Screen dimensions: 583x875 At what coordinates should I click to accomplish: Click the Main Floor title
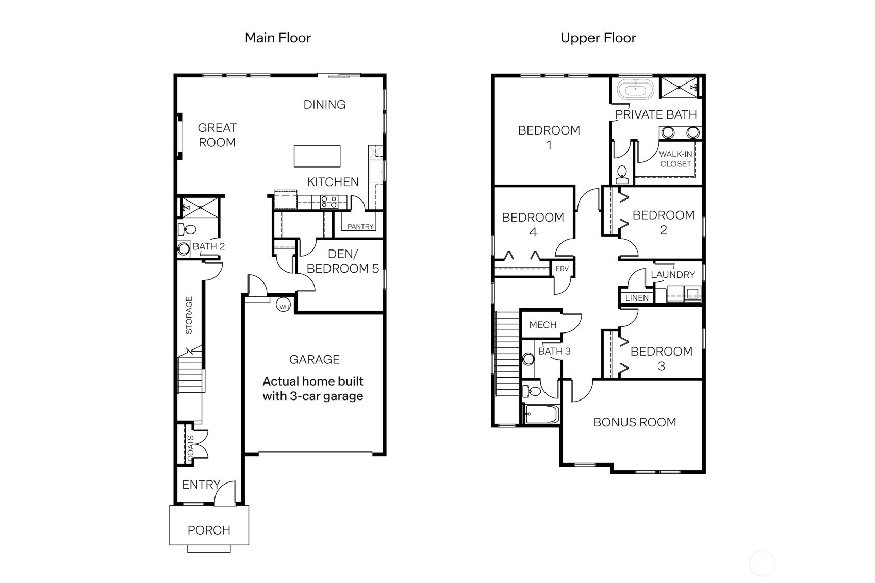click(x=277, y=38)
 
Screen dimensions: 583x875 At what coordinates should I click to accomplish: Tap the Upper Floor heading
click(x=598, y=38)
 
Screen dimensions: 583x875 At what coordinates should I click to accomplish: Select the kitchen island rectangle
click(x=317, y=156)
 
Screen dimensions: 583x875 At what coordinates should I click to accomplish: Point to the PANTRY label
click(x=360, y=227)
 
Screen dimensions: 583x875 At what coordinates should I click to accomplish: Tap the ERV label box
click(x=562, y=269)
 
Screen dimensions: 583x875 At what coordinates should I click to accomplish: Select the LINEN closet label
click(x=637, y=298)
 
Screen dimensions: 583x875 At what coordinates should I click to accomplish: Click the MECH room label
click(x=542, y=325)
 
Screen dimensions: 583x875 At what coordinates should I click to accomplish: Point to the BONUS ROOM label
click(x=634, y=422)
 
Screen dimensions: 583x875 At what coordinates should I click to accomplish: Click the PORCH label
click(x=209, y=530)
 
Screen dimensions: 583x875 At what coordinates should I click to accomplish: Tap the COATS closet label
click(x=190, y=447)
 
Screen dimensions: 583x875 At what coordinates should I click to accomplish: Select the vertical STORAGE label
click(x=189, y=315)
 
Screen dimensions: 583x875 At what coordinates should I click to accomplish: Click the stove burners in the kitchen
click(x=329, y=202)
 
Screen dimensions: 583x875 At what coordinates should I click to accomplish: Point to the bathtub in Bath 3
click(x=541, y=414)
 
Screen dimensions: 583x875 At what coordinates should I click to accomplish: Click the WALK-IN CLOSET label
click(x=675, y=159)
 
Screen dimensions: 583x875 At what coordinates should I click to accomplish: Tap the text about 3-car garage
click(x=312, y=389)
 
